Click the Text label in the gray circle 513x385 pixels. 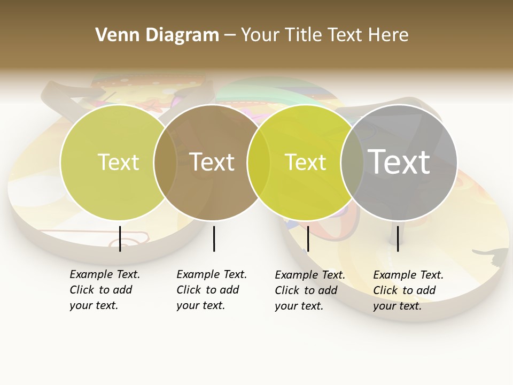[399, 161]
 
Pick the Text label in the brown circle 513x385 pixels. [212, 162]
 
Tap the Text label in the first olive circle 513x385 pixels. [118, 162]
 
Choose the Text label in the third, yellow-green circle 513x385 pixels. [305, 162]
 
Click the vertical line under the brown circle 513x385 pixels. [214, 238]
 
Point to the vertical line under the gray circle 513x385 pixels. [398, 238]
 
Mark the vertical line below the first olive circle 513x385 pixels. [120, 238]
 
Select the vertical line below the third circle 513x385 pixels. [308, 238]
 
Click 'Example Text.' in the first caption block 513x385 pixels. [105, 274]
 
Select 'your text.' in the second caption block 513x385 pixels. [200, 305]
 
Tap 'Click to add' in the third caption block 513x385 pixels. [306, 290]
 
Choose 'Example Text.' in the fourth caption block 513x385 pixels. [408, 275]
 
